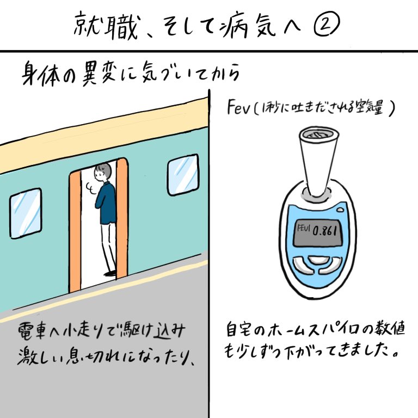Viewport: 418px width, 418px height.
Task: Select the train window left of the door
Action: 26,215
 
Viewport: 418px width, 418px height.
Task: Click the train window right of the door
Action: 182,175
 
